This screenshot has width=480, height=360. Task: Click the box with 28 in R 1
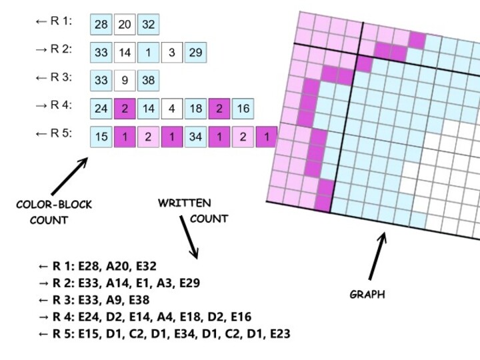[x=101, y=25]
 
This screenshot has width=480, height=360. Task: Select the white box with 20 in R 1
[x=125, y=25]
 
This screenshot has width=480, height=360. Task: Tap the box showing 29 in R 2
[x=195, y=52]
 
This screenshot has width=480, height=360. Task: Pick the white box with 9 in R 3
[x=125, y=81]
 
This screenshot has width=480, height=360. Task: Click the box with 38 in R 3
[x=149, y=81]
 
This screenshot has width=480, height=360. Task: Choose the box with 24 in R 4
[x=101, y=109]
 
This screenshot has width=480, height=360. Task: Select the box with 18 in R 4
[x=195, y=109]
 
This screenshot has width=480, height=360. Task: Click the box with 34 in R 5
[x=195, y=137]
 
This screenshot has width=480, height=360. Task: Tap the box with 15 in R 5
[x=101, y=137]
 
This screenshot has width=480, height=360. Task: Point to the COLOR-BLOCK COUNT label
[x=53, y=212]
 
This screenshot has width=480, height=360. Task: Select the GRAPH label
[x=368, y=294]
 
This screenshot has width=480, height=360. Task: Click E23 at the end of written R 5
[x=276, y=333]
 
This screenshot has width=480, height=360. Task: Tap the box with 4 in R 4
[x=172, y=109]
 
